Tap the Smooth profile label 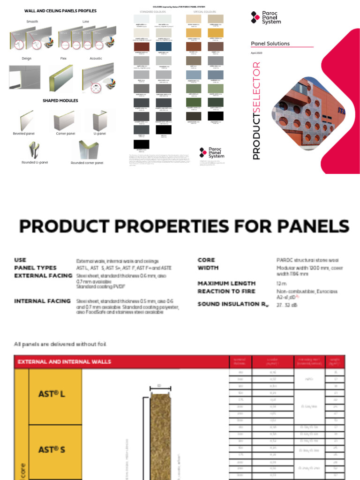pos(31,22)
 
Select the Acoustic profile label pos(96,59)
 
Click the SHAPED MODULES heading pos(60,100)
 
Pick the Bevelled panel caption pos(24,134)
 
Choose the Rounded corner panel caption pos(87,163)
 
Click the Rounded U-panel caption pos(34,163)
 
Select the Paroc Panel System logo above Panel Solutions pos(266,18)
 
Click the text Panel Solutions pos(270,44)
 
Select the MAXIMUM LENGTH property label pos(226,283)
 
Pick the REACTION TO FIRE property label pos(226,291)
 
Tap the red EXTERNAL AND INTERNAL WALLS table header pos(64,361)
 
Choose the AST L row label pos(52,394)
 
